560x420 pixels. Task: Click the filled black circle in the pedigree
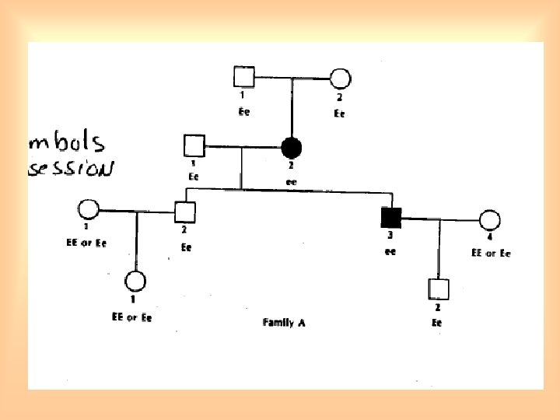(x=291, y=146)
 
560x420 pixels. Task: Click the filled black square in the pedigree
(x=390, y=219)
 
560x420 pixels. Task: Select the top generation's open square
(x=244, y=77)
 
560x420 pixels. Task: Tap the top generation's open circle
(x=340, y=78)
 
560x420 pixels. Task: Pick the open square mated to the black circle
(x=193, y=145)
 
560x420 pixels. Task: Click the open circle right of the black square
(x=489, y=221)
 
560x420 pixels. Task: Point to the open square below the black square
(x=438, y=289)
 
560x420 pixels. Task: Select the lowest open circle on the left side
(x=136, y=282)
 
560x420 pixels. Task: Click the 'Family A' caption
(x=283, y=322)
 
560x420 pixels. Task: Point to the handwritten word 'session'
(x=72, y=168)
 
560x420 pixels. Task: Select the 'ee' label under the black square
(x=390, y=251)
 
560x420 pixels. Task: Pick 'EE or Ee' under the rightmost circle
(x=490, y=254)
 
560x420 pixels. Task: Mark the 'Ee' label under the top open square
(x=244, y=112)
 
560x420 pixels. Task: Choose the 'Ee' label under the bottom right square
(x=437, y=322)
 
